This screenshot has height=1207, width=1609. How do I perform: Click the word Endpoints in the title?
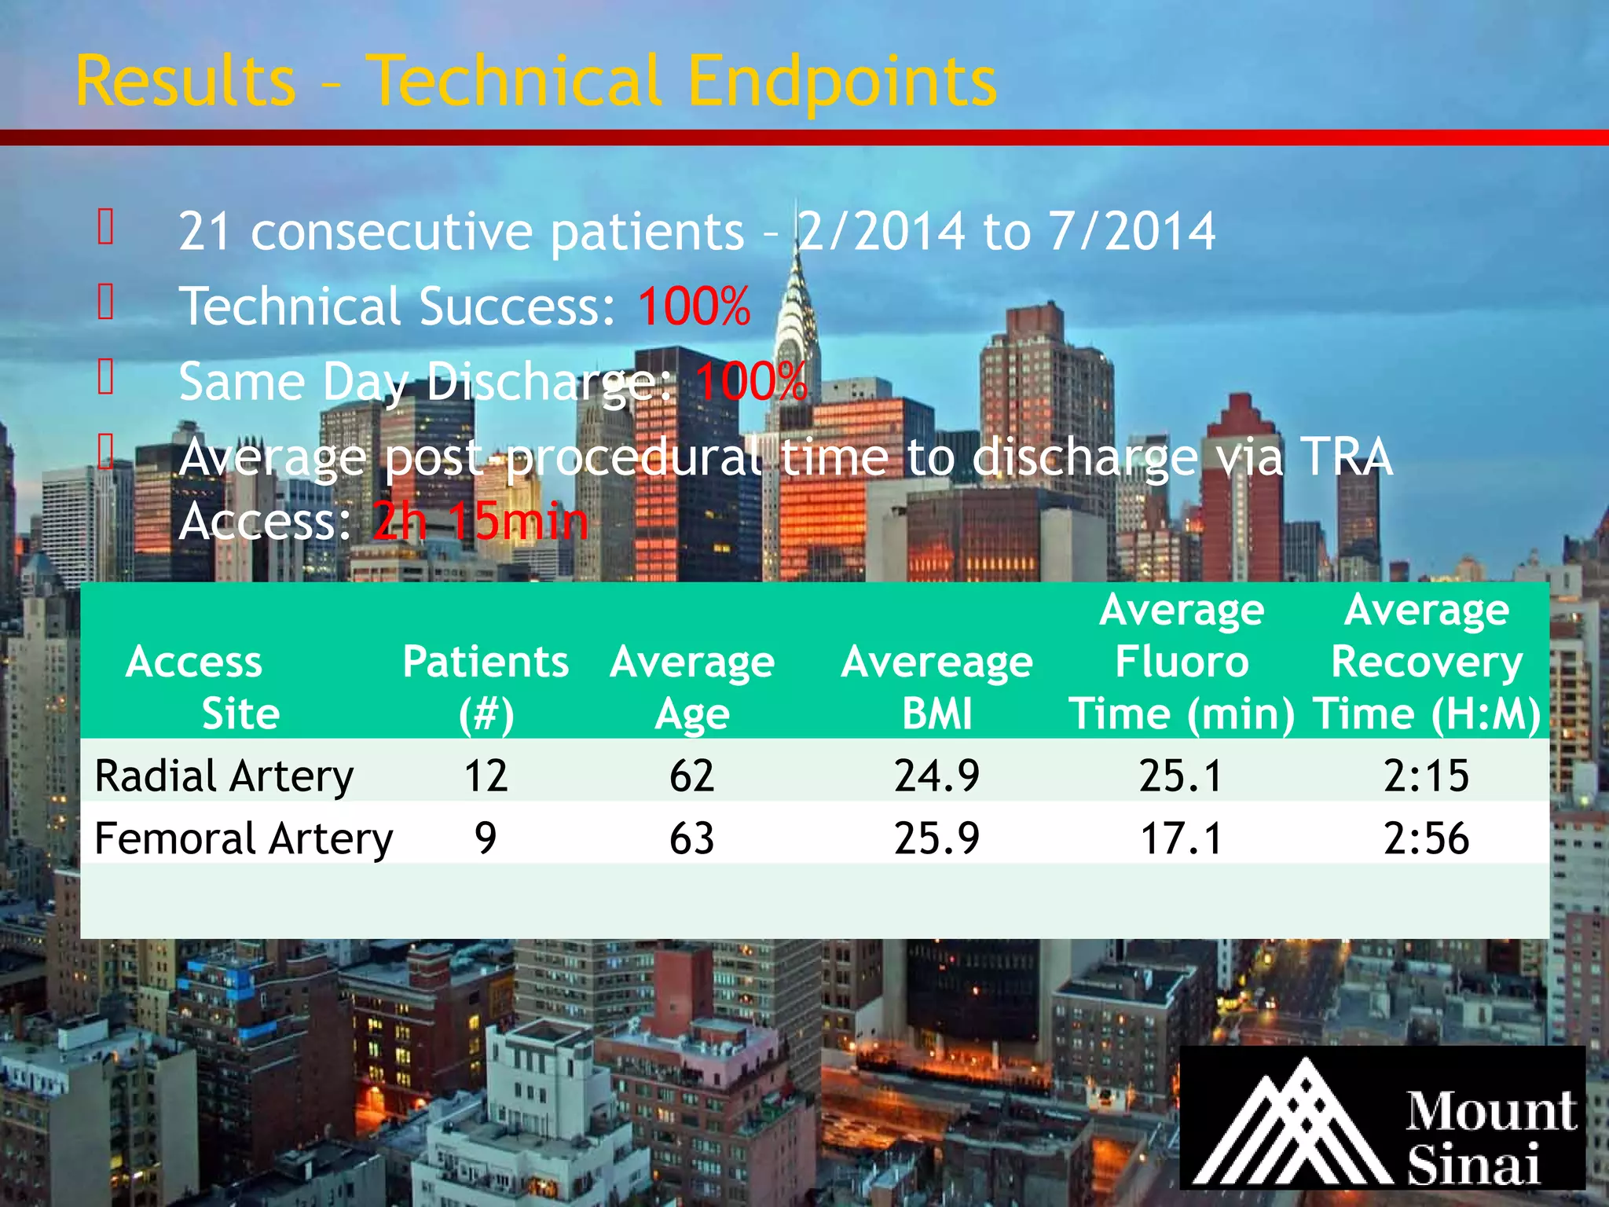(841, 82)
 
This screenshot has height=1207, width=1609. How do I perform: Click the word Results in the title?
(186, 82)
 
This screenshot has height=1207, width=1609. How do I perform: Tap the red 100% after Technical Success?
(694, 306)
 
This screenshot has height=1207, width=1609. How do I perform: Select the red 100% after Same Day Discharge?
(751, 382)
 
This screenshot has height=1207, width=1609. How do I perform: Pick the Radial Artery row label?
(224, 776)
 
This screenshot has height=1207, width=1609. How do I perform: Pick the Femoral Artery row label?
(244, 838)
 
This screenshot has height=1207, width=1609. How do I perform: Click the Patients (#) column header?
(486, 687)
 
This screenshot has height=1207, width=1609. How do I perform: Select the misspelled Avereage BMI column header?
(936, 687)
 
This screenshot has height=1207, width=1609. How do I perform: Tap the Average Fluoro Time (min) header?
(1182, 662)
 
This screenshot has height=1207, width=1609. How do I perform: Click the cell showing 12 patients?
(486, 776)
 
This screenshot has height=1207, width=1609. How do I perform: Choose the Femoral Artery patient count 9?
(486, 838)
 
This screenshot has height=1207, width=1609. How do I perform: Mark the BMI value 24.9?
(936, 776)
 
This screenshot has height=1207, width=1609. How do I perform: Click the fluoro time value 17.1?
(1182, 838)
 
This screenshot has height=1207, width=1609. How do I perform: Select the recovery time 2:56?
(1426, 838)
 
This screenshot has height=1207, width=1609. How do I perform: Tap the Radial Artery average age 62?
(691, 776)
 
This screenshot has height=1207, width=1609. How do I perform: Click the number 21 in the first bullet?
(204, 232)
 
